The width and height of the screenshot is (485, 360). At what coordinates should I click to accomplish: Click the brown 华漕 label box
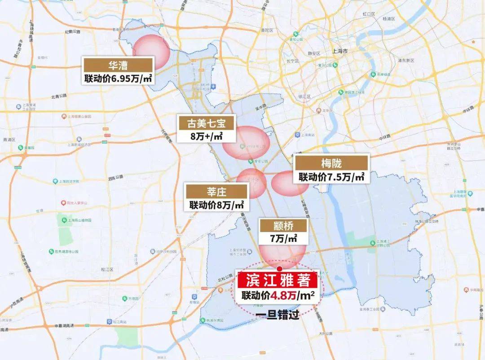(118, 64)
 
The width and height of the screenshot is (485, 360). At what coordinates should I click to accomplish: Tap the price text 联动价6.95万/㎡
(118, 78)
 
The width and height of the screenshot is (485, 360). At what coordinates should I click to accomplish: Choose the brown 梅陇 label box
(331, 162)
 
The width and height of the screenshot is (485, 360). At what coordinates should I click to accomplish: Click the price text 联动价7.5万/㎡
(331, 176)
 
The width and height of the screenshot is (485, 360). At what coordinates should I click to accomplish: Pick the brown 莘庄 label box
(216, 192)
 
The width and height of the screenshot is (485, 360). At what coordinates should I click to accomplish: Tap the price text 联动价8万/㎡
(216, 205)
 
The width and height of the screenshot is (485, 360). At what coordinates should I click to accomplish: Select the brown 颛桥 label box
(283, 225)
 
